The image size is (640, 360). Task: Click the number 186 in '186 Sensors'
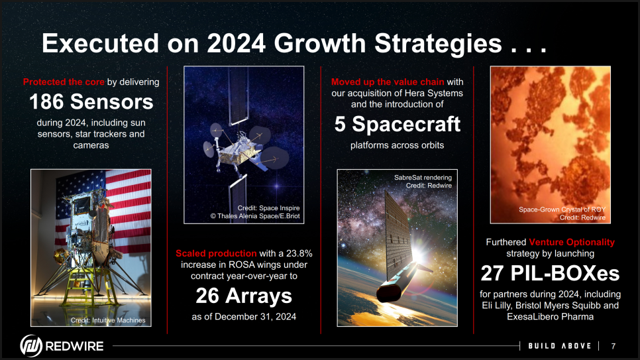click(x=46, y=101)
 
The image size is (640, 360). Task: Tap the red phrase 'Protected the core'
click(x=64, y=82)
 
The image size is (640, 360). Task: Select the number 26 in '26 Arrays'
click(x=207, y=296)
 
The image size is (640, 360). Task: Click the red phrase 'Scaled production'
click(x=216, y=253)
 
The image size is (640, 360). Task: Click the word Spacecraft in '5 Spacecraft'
click(x=406, y=124)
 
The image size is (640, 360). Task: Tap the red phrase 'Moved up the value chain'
click(x=388, y=82)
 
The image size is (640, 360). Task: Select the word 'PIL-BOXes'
click(x=565, y=273)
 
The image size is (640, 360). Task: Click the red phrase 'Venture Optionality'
click(x=572, y=242)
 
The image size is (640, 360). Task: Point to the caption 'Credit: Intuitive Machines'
click(x=108, y=320)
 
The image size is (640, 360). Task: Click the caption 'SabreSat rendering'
click(x=423, y=177)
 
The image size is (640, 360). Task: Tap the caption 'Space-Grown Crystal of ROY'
click(x=562, y=210)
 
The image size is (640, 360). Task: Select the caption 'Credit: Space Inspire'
click(x=268, y=208)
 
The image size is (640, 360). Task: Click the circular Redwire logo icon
click(x=31, y=345)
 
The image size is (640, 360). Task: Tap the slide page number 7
click(x=613, y=346)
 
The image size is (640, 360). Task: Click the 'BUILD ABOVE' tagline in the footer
click(x=560, y=346)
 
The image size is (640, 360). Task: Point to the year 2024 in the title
click(x=237, y=43)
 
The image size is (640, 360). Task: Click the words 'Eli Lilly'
click(x=496, y=306)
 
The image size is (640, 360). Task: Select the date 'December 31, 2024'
click(x=256, y=317)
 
